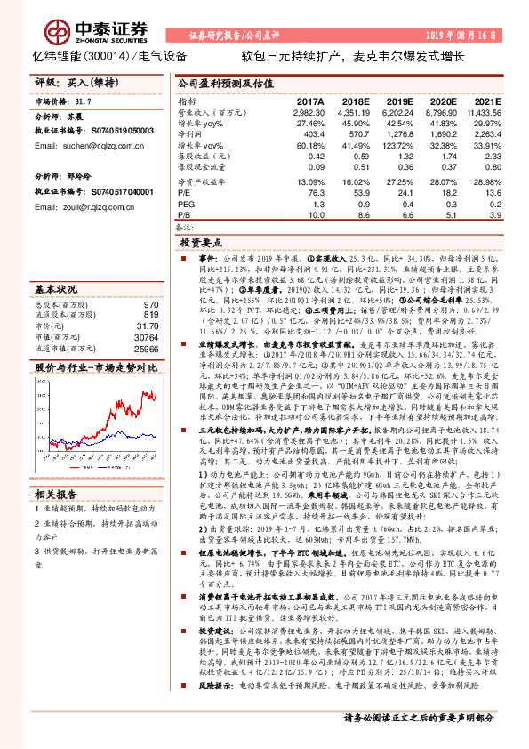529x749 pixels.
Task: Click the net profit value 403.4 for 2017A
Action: click(x=315, y=133)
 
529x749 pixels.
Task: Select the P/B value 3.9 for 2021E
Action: click(x=496, y=213)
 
